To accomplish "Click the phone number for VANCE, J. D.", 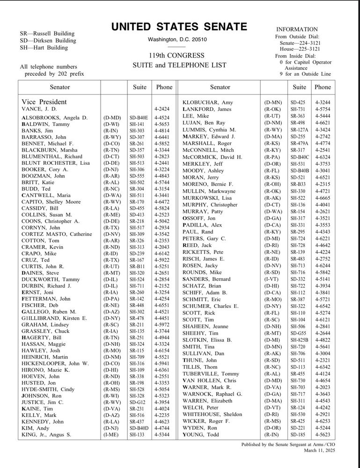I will pyautogui.click(x=162, y=109).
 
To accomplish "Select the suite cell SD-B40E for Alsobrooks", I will pyautogui.click(x=138, y=117).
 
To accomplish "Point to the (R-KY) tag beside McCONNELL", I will pyautogui.click(x=272, y=150).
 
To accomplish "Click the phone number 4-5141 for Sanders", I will pyautogui.click(x=323, y=279).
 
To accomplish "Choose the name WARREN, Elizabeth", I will pyautogui.click(x=207, y=401).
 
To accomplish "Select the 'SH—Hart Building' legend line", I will pyautogui.click(x=44, y=48).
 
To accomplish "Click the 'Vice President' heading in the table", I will pyautogui.click(x=44, y=102).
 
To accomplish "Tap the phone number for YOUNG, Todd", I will pyautogui.click(x=323, y=435).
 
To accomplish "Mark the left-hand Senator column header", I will pyautogui.click(x=59, y=87).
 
